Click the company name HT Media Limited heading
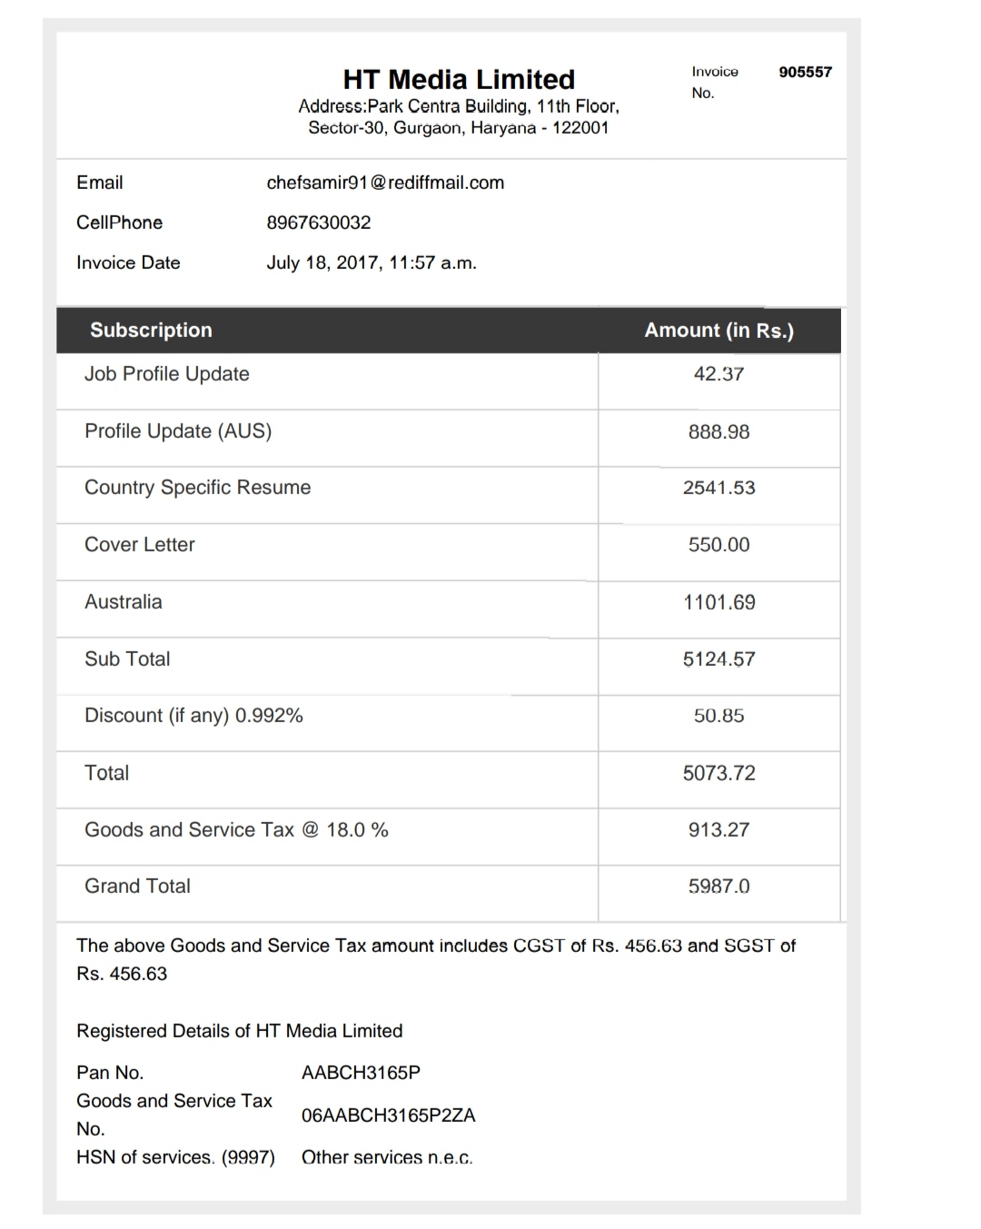(459, 79)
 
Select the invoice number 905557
(805, 72)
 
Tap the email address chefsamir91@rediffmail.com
(385, 183)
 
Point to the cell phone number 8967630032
(319, 223)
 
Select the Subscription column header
(151, 330)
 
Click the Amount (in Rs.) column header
(718, 330)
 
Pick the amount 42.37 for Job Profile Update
(718, 374)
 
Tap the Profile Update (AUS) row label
(178, 431)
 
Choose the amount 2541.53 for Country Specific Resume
(718, 488)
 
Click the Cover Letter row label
(140, 545)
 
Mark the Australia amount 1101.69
(718, 602)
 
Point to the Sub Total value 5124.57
(718, 659)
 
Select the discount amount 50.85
(718, 716)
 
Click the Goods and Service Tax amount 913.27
(718, 829)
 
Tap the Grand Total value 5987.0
(718, 887)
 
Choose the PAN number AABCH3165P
(361, 1073)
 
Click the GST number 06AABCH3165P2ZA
(388, 1115)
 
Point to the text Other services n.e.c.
(387, 1157)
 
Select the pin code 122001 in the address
(580, 128)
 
